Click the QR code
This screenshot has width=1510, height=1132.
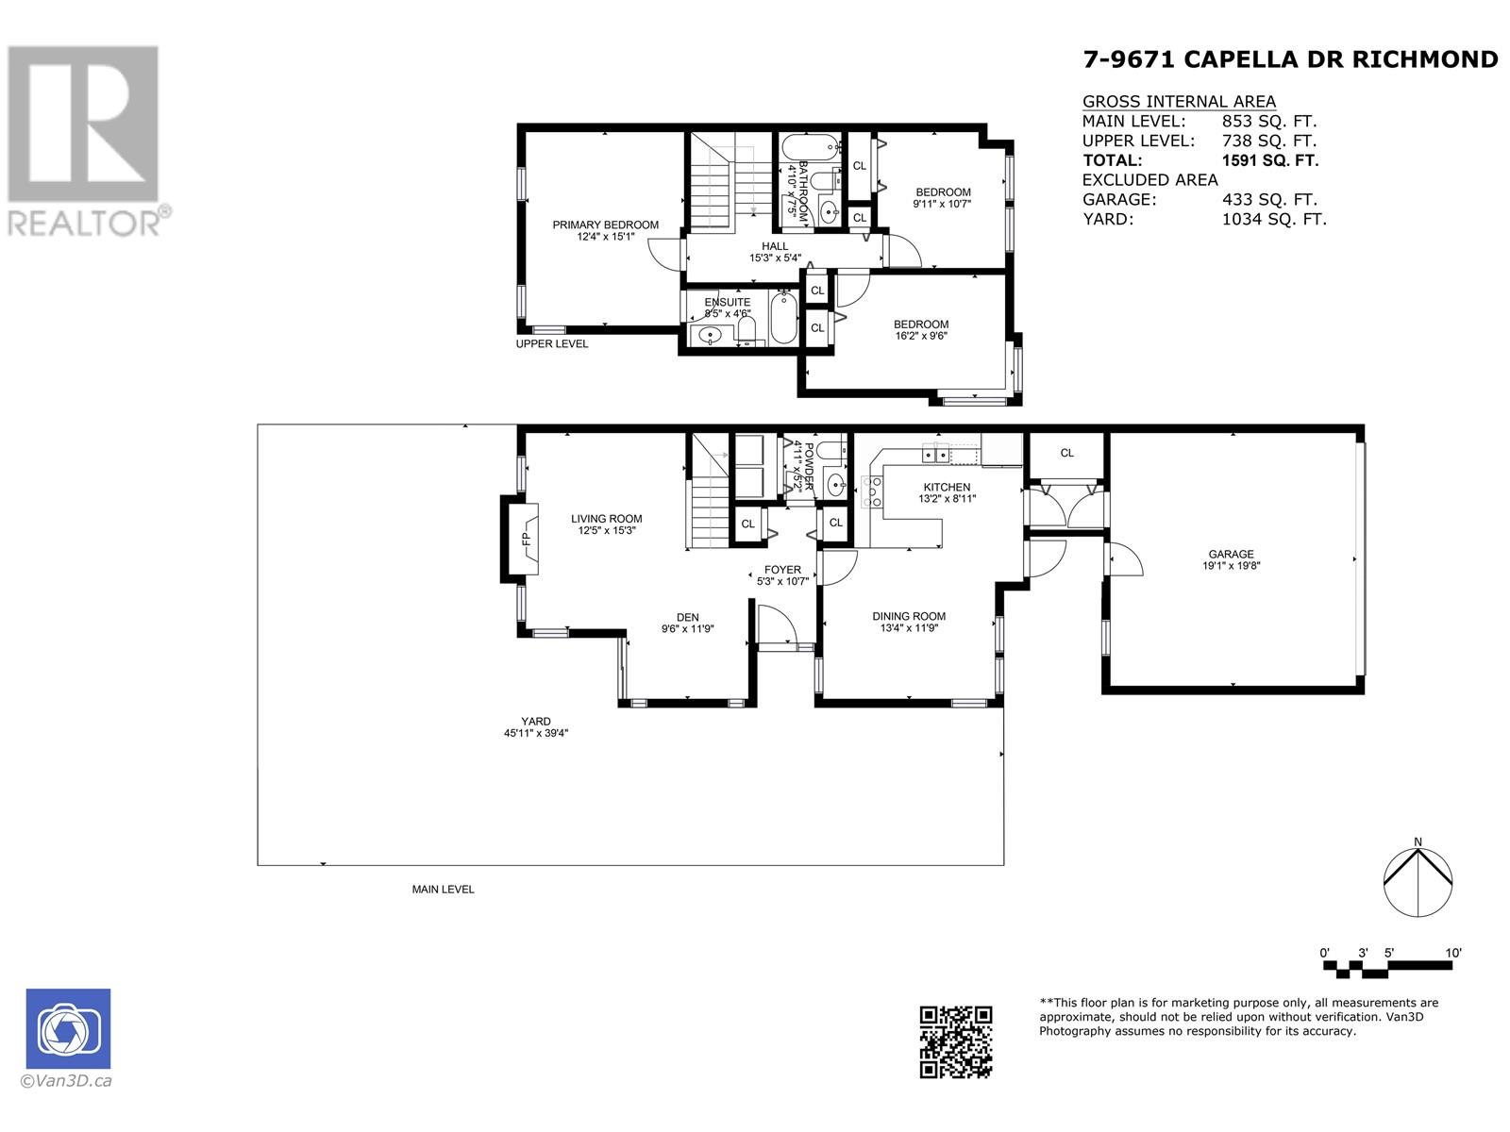955,1042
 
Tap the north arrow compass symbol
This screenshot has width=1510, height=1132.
1418,882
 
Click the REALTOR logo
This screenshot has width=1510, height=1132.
86,141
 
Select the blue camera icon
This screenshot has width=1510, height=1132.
68,1029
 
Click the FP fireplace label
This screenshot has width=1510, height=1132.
527,539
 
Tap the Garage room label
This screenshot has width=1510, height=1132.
1231,554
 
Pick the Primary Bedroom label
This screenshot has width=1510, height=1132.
605,225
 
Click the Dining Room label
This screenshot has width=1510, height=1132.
909,617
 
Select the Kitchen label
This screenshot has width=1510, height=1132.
947,488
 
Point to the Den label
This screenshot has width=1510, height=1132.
687,617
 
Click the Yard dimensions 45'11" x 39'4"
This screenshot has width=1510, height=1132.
536,733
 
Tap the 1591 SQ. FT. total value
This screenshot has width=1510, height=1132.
1270,160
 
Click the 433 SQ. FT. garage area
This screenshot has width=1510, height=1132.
1269,200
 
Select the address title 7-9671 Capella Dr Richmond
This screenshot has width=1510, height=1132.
1290,59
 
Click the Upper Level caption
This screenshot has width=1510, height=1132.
552,343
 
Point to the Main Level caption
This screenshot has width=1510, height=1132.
443,890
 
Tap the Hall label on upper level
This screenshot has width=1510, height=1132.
775,246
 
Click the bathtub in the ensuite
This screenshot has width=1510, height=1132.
783,318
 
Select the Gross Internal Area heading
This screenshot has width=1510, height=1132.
1179,102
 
